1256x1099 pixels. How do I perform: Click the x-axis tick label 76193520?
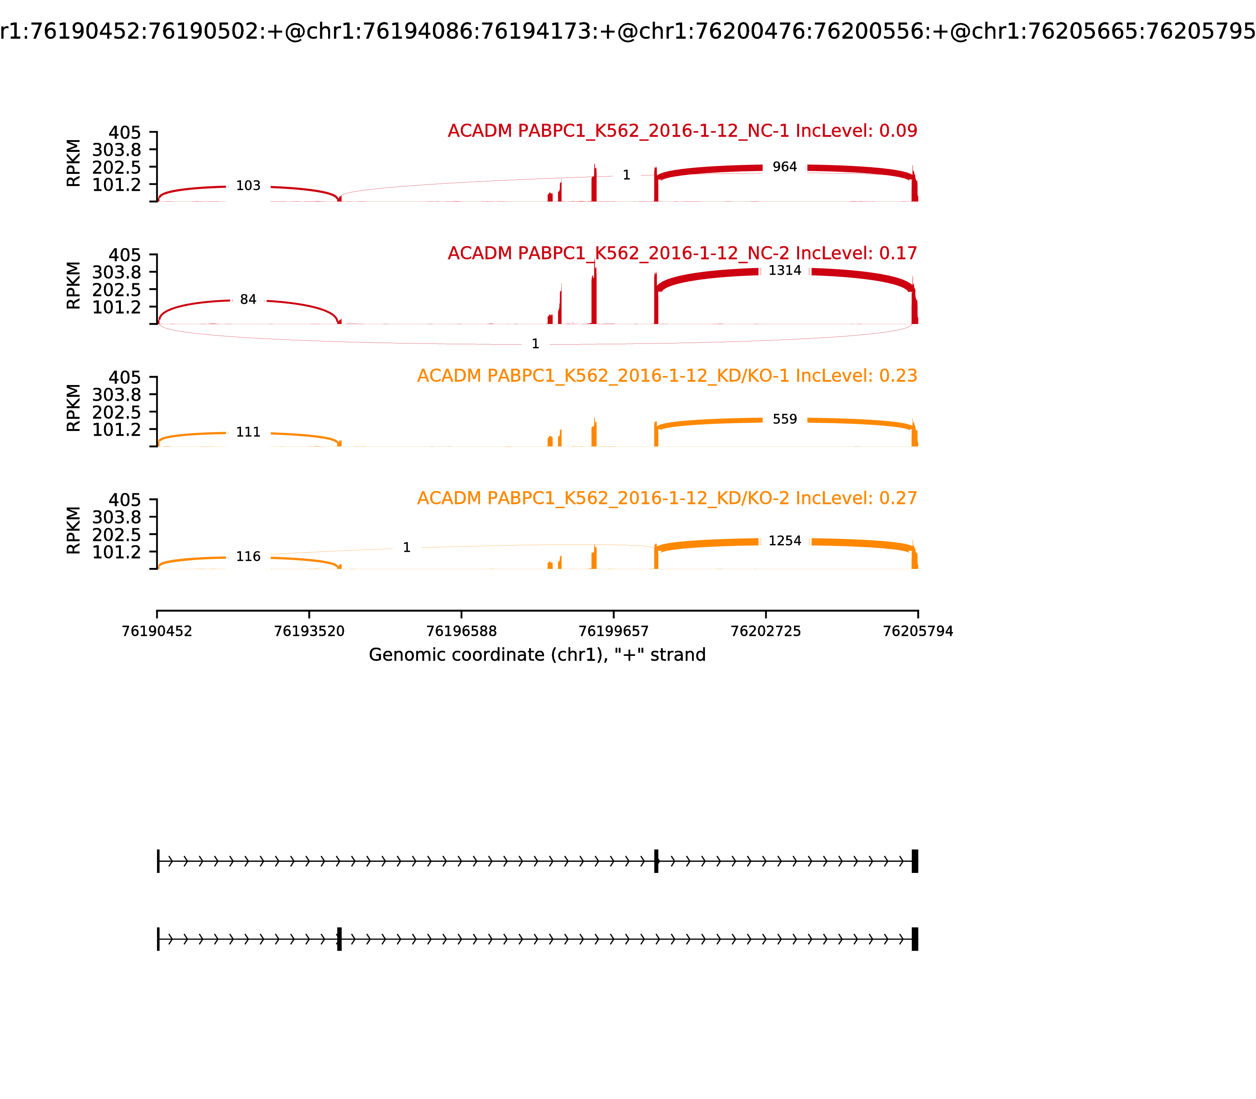[309, 631]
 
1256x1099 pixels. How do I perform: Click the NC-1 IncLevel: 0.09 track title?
[682, 131]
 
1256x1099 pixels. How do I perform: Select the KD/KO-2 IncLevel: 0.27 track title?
[666, 498]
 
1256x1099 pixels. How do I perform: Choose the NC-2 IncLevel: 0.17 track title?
[682, 253]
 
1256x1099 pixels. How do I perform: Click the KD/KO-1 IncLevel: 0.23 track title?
[666, 376]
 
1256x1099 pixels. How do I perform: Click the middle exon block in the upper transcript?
[656, 861]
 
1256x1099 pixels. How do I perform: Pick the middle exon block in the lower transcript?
[339, 939]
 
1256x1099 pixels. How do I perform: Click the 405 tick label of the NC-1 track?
[124, 133]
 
